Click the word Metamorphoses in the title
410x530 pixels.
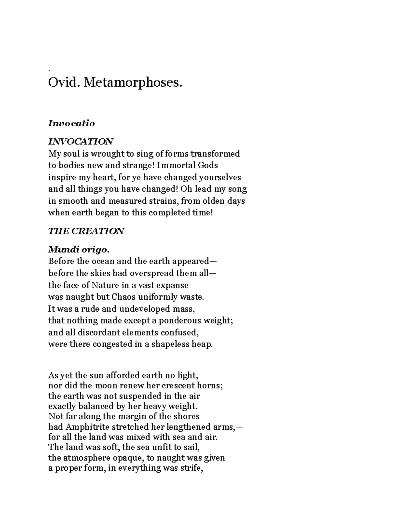(x=133, y=82)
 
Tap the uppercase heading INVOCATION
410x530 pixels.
(x=81, y=141)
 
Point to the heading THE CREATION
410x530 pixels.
(x=86, y=231)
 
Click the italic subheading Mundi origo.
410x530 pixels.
(x=79, y=250)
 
